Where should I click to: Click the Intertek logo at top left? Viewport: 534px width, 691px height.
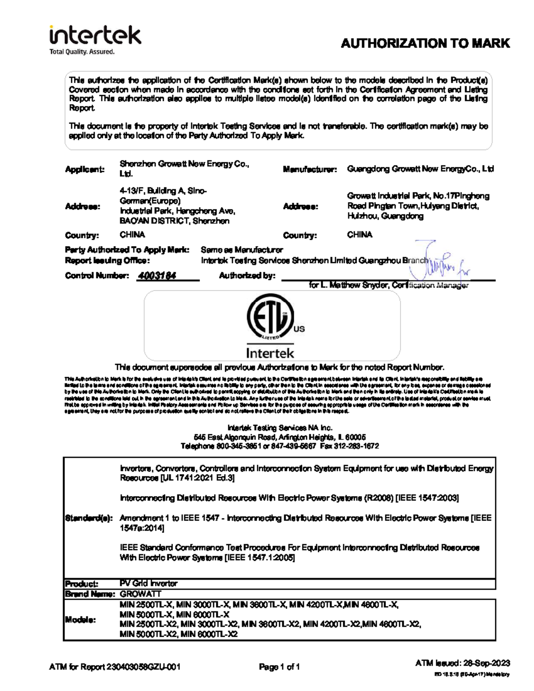click(x=95, y=36)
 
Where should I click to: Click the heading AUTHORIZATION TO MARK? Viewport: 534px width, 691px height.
click(x=425, y=44)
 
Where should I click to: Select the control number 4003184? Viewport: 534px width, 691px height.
click(x=157, y=276)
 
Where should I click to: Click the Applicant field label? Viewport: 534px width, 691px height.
click(x=85, y=169)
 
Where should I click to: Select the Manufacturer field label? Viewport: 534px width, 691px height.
click(x=310, y=169)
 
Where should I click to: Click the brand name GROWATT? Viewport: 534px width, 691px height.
click(x=141, y=594)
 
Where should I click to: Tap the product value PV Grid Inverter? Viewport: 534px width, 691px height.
click(x=149, y=583)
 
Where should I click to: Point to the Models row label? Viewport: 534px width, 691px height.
click(x=80, y=620)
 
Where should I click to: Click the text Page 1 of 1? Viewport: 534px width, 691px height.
click(x=279, y=667)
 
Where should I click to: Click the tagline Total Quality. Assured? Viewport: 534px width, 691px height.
click(x=82, y=52)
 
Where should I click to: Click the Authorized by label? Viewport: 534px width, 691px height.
click(x=247, y=276)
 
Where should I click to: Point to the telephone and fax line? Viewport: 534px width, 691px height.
click(x=279, y=446)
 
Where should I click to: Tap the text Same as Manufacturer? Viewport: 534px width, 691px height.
click(x=242, y=250)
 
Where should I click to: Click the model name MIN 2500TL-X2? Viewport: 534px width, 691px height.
click(x=148, y=624)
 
